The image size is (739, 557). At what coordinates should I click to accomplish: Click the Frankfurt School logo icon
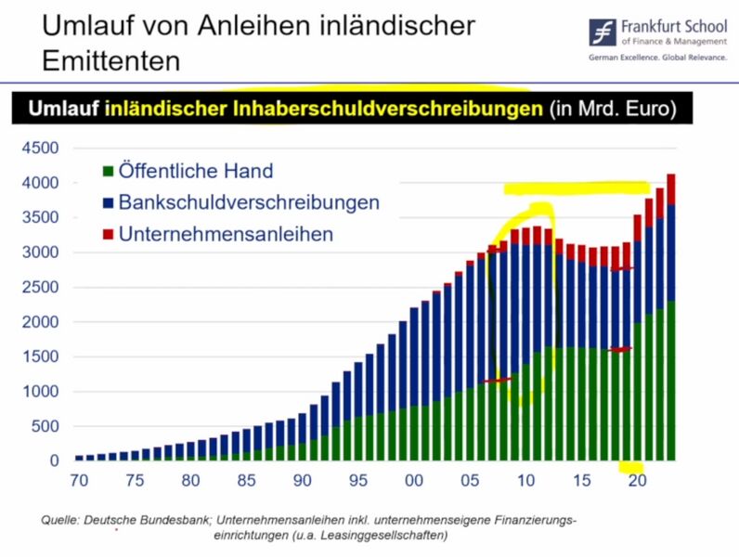604,31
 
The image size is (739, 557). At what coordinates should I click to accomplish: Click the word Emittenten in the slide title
110,60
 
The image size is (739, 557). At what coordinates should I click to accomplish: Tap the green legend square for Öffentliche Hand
108,171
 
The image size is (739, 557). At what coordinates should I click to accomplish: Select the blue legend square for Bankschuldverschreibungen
108,202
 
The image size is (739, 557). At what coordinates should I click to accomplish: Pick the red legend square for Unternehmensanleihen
108,234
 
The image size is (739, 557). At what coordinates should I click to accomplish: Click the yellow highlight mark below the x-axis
631,467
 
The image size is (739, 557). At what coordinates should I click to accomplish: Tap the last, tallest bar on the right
670,316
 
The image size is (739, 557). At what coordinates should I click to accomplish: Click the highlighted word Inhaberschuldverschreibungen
323,109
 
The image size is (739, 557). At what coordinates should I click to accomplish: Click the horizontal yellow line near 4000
576,188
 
